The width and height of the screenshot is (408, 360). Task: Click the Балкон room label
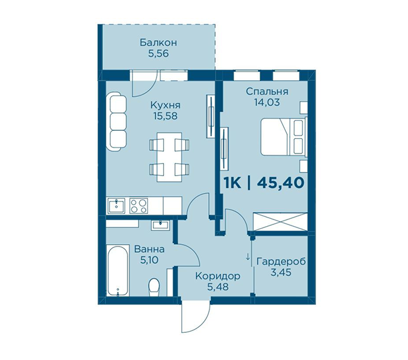point(158,42)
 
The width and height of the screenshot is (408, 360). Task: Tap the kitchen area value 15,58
point(166,116)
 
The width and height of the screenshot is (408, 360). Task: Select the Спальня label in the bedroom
point(267,92)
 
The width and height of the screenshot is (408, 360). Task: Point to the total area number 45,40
point(280,182)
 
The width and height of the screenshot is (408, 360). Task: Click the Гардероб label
point(281,261)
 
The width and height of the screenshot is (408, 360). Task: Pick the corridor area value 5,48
point(218,287)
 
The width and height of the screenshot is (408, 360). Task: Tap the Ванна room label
point(149,250)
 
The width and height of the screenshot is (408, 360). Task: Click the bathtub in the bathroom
point(118,270)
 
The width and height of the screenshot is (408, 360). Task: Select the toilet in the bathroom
point(154,287)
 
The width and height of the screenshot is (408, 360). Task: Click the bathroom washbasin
point(160,224)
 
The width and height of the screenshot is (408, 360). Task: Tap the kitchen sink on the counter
point(116,206)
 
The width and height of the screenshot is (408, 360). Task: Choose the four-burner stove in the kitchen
point(139,206)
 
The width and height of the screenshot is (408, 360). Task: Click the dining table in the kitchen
point(169,157)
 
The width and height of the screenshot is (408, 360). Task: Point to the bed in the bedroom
point(284,137)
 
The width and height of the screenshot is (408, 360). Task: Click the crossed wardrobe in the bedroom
point(280,221)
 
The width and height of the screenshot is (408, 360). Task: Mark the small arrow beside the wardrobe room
point(248,256)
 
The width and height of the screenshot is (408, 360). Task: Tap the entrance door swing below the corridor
point(195,317)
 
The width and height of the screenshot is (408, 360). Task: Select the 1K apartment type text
point(232,182)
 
